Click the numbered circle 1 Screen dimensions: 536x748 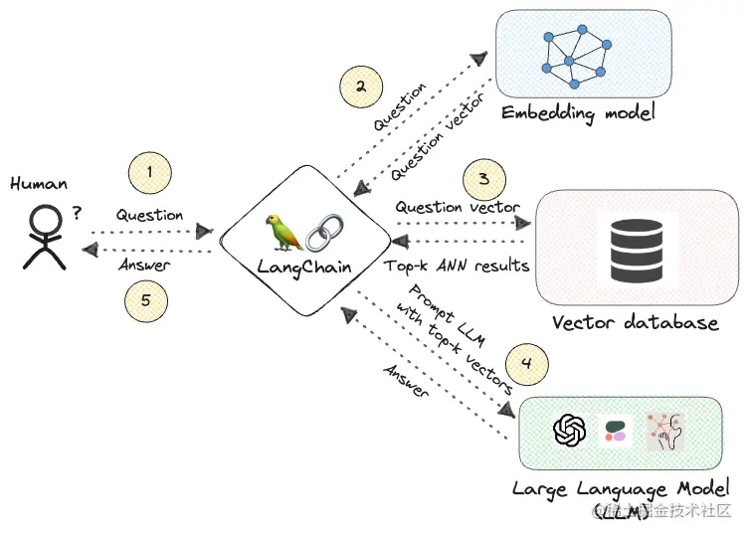[149, 173]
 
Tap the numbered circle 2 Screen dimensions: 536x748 [360, 87]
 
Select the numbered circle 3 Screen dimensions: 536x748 [483, 180]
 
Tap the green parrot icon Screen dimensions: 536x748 [284, 232]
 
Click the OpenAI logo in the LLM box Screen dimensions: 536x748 [569, 431]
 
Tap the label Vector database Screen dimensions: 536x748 [635, 323]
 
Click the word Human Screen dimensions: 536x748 [39, 183]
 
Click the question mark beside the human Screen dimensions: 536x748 [77, 212]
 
